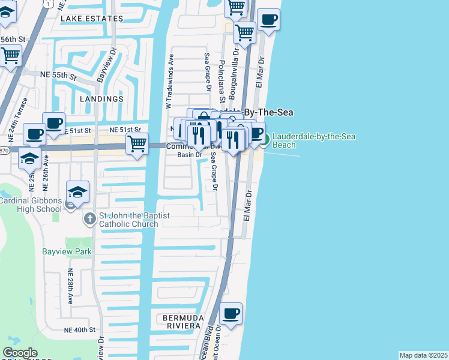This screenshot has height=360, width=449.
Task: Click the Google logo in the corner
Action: pyautogui.click(x=20, y=353)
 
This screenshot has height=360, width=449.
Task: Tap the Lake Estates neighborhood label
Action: pyautogui.click(x=91, y=19)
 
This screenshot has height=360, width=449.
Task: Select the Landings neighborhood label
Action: pyautogui.click(x=100, y=98)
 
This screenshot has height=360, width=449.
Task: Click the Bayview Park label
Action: pyautogui.click(x=67, y=251)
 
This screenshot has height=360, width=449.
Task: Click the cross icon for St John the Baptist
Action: pyautogui.click(x=89, y=218)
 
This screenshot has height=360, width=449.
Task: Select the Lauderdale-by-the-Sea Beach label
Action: pyautogui.click(x=313, y=140)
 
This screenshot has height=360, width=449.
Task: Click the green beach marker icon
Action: pyautogui.click(x=264, y=140)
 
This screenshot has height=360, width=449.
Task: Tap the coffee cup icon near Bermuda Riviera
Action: pyautogui.click(x=231, y=313)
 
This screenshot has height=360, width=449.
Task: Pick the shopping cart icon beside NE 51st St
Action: pyautogui.click(x=137, y=144)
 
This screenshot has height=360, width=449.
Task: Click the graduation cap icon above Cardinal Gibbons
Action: pyautogui.click(x=77, y=192)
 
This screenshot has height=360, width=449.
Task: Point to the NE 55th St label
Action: pyautogui.click(x=58, y=75)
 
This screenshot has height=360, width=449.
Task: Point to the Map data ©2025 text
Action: pyautogui.click(x=423, y=355)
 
